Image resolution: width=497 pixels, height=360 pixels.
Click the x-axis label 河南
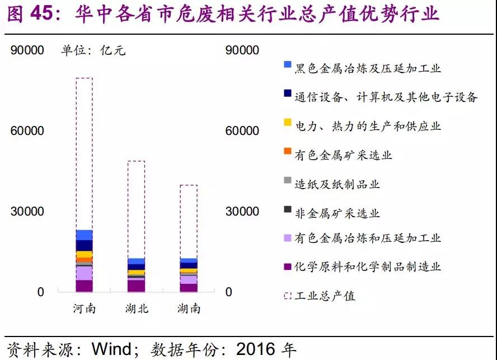(x=85, y=308)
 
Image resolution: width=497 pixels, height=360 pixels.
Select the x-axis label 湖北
(x=137, y=308)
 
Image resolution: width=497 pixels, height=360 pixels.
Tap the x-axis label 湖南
(x=189, y=308)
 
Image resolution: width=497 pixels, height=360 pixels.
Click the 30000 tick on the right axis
(x=242, y=212)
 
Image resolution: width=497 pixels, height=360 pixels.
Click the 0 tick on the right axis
(x=229, y=292)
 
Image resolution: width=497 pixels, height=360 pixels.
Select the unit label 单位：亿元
(x=93, y=50)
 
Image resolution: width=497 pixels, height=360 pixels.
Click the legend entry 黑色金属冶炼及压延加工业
(x=368, y=68)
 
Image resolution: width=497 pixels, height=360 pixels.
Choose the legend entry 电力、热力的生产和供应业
(x=368, y=126)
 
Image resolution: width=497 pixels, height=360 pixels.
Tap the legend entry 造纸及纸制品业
(x=337, y=184)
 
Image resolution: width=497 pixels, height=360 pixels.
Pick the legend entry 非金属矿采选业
(x=337, y=213)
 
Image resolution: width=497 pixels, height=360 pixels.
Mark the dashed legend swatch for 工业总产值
(x=288, y=296)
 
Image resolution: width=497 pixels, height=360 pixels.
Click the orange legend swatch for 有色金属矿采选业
(x=288, y=151)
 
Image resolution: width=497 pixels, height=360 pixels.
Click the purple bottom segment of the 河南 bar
(x=85, y=286)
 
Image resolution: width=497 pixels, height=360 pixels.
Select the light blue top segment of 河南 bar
(x=85, y=235)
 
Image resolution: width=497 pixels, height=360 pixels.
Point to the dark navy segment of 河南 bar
(x=85, y=245)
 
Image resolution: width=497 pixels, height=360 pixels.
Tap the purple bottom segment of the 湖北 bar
(x=137, y=286)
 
